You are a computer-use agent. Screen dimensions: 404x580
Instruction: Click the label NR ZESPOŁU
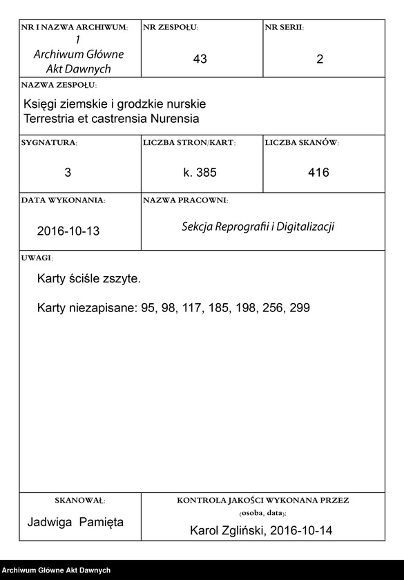click(x=171, y=28)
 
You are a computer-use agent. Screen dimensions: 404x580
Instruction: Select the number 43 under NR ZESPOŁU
click(x=200, y=59)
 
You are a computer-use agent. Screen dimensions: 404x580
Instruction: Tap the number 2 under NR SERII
click(x=320, y=59)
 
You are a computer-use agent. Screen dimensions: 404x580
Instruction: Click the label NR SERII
click(x=284, y=28)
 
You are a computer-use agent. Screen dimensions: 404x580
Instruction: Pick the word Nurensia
click(x=174, y=119)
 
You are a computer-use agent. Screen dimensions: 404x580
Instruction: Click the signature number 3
click(x=68, y=173)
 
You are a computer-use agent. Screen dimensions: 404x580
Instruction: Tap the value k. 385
click(x=200, y=173)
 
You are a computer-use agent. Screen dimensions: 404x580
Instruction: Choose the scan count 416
click(x=319, y=173)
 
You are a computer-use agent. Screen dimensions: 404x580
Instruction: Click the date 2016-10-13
click(x=68, y=231)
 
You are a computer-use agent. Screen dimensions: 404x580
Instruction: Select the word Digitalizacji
click(x=305, y=226)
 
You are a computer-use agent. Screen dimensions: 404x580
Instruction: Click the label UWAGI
click(x=37, y=258)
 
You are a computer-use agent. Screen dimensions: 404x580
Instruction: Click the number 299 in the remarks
click(x=300, y=308)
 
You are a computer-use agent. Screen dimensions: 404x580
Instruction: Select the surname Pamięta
click(x=101, y=522)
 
